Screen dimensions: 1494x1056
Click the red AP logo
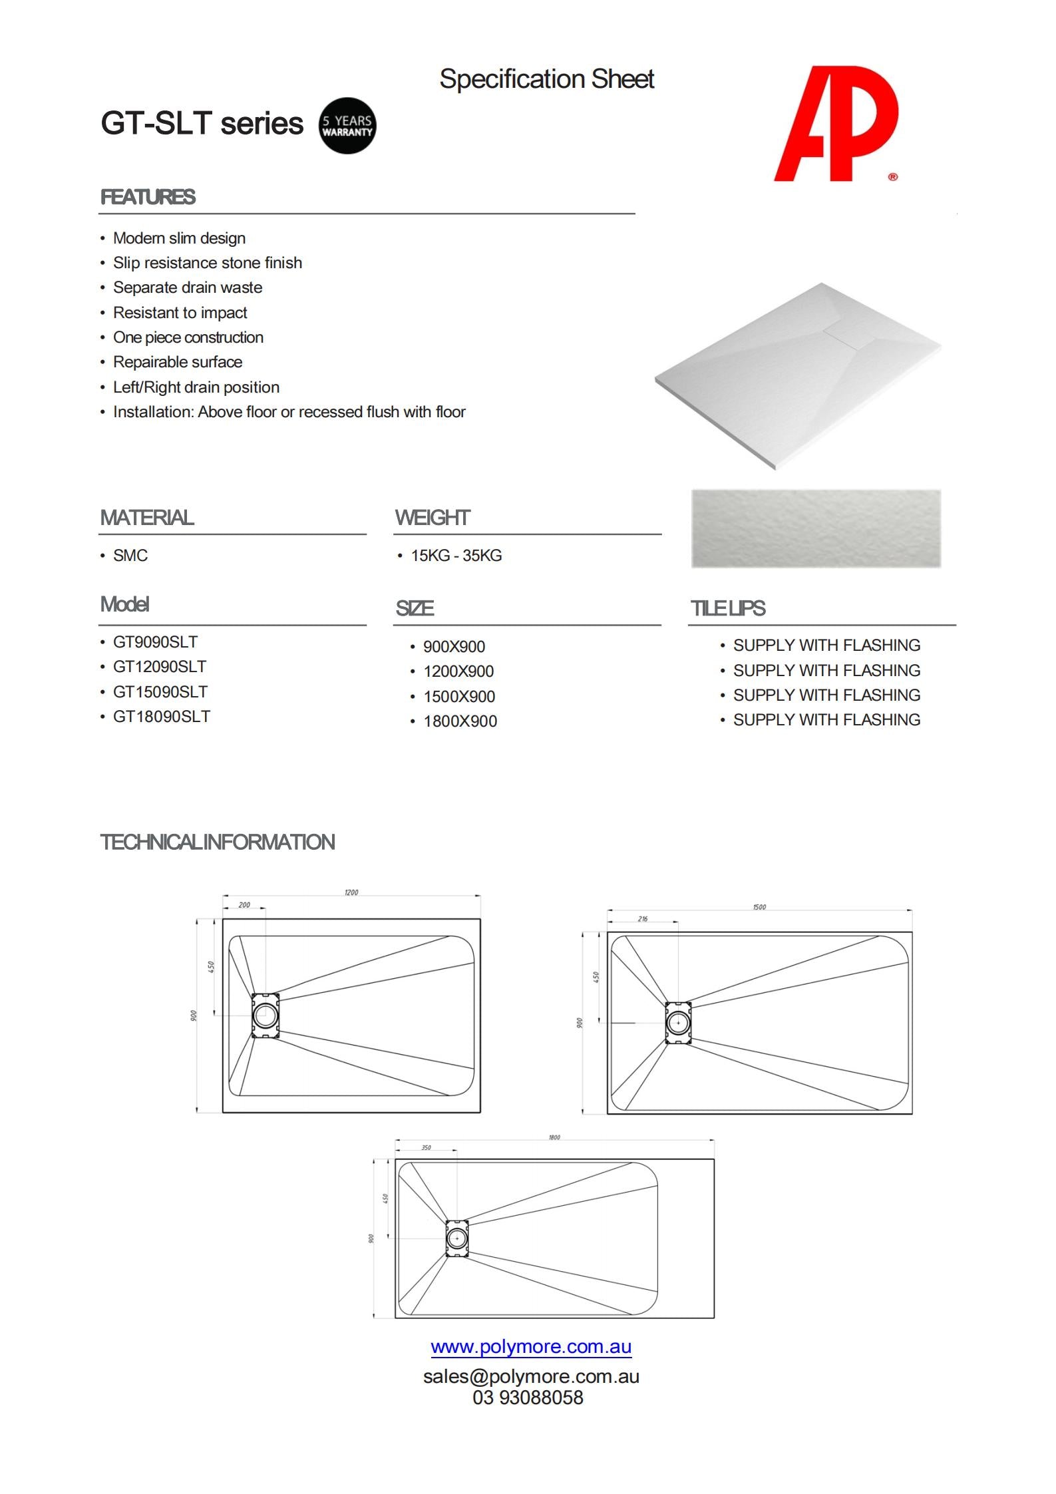tap(837, 124)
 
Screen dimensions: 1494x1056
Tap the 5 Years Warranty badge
tap(347, 126)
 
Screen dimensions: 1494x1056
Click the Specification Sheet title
tap(546, 79)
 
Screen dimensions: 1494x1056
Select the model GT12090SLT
tap(160, 667)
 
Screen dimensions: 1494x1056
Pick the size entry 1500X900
tap(459, 697)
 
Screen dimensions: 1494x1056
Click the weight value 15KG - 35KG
tap(456, 556)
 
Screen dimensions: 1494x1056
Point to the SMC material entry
tap(130, 556)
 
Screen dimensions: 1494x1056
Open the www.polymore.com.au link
tap(530, 1347)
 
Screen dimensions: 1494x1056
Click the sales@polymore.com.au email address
tap(530, 1376)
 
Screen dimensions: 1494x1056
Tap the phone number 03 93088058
tap(528, 1398)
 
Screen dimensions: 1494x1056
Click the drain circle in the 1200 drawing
tap(265, 1016)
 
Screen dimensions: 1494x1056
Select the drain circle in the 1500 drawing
tap(678, 1022)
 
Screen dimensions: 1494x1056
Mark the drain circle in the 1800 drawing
tap(456, 1238)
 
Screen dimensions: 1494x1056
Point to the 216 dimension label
tap(642, 919)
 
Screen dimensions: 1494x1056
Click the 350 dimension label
tap(426, 1148)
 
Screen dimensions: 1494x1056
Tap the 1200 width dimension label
tap(351, 892)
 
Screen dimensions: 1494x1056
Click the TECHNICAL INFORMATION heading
tap(218, 842)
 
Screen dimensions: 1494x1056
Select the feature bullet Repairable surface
tap(178, 362)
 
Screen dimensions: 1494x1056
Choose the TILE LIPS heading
tap(728, 608)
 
